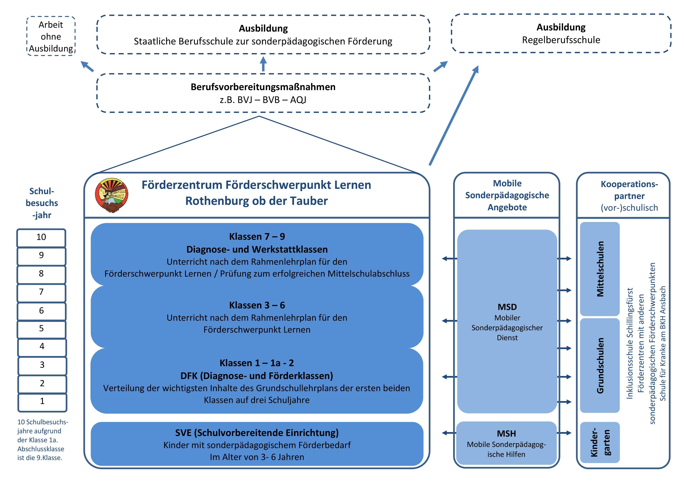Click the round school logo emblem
coord(112,195)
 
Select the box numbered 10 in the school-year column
coord(41,238)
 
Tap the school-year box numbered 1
coord(42,402)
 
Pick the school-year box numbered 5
coord(41,329)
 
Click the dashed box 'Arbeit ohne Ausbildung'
coord(51,36)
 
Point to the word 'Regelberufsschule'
coord(561,40)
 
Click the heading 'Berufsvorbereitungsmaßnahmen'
coord(263,87)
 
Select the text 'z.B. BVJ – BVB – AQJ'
coord(263,100)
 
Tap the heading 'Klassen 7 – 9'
coord(257,237)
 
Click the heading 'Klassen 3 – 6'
coord(257,305)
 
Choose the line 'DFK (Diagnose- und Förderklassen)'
coord(257,376)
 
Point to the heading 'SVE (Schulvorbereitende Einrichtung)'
coord(257,433)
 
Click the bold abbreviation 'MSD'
coord(507,307)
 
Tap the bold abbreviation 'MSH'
coord(506,434)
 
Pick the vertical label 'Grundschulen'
coord(600,365)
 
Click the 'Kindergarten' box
coord(600,443)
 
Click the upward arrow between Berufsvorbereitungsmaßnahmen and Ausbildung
coord(263,64)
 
